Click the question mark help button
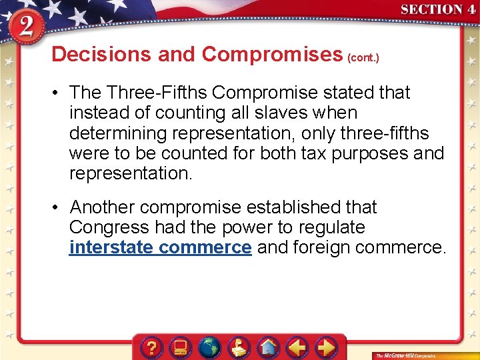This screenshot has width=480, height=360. click(152, 347)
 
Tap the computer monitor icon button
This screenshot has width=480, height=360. click(181, 347)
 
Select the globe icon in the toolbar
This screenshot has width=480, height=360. click(209, 347)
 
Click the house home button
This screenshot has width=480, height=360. click(268, 347)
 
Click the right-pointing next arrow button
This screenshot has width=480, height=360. click(325, 347)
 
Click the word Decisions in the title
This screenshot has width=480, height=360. click(102, 54)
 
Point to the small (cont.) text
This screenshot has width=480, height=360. click(363, 58)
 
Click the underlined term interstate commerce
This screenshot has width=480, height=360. click(160, 248)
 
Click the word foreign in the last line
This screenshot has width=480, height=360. click(319, 248)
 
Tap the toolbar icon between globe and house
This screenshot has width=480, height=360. click(239, 347)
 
